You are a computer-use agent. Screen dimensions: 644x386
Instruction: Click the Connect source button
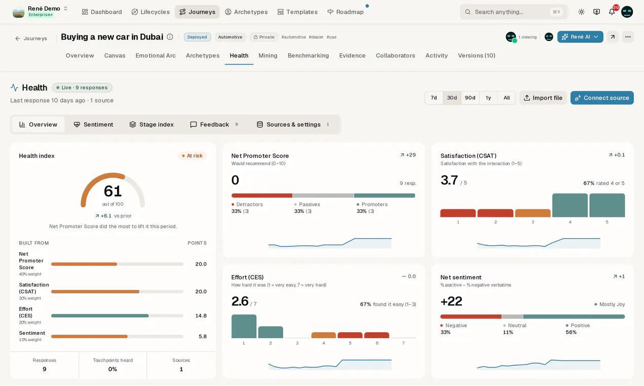pyautogui.click(x=602, y=98)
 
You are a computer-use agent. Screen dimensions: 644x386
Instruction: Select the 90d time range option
pyautogui.click(x=470, y=98)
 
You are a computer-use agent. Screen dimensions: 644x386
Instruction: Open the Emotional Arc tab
pyautogui.click(x=156, y=55)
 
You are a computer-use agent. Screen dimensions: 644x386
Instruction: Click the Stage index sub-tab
pyautogui.click(x=152, y=124)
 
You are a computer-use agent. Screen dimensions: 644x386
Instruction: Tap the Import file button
pyautogui.click(x=543, y=98)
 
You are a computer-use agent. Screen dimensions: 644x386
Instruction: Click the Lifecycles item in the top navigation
pyautogui.click(x=151, y=12)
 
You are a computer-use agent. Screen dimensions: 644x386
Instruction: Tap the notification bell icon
pyautogui.click(x=612, y=12)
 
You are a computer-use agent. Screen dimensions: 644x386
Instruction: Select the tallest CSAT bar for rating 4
pyautogui.click(x=570, y=205)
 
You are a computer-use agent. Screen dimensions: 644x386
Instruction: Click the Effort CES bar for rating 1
pyautogui.click(x=244, y=326)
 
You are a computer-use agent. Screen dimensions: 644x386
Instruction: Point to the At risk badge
pyautogui.click(x=192, y=156)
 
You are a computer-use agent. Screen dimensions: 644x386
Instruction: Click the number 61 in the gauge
pyautogui.click(x=113, y=191)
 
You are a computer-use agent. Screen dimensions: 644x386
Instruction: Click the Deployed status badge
pyautogui.click(x=197, y=37)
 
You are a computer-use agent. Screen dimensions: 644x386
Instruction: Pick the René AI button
pyautogui.click(x=580, y=37)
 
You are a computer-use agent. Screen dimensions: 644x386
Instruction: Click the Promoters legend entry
pyautogui.click(x=372, y=204)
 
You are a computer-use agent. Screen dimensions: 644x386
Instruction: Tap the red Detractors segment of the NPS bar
pyautogui.click(x=262, y=196)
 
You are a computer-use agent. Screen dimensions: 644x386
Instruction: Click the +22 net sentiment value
pyautogui.click(x=451, y=301)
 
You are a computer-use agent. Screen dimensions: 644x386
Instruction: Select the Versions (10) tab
pyautogui.click(x=476, y=55)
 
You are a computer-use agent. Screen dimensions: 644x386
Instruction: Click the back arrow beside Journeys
pyautogui.click(x=18, y=39)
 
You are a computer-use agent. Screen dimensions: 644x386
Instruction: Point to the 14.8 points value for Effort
pyautogui.click(x=201, y=316)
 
